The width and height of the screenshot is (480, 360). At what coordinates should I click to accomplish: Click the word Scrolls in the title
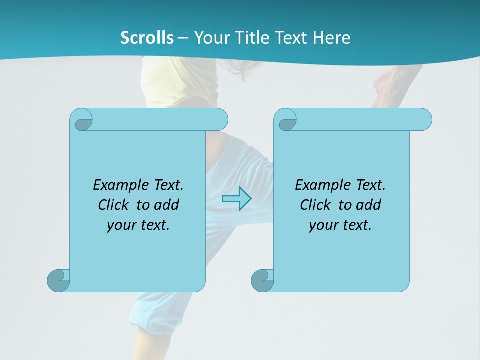(x=147, y=37)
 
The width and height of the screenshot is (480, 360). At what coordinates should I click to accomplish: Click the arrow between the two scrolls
(x=236, y=198)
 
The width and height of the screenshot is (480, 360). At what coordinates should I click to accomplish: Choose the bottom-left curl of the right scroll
(x=262, y=280)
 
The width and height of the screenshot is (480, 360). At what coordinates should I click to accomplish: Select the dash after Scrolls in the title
(x=183, y=38)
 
